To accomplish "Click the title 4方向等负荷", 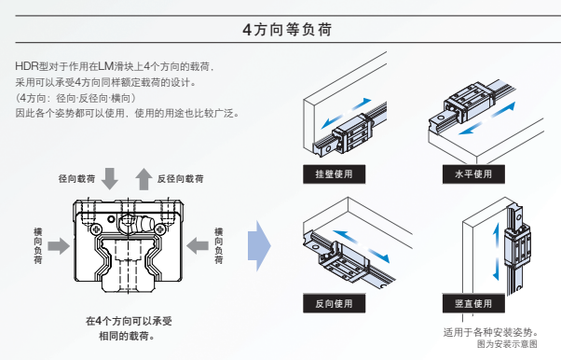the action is coord(287,29).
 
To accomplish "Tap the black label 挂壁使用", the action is coord(335,174).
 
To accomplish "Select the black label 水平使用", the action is coord(473,174).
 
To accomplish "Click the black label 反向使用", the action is coord(335,303).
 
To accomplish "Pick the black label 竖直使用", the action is coord(473,303).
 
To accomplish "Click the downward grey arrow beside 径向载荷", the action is coord(109,178).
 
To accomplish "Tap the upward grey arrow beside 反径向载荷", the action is coord(144,178).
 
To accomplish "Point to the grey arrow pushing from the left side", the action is coord(59,246).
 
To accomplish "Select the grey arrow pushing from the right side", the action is coord(198,246).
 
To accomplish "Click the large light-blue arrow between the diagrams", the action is coord(259,245).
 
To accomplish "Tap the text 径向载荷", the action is coord(77,178).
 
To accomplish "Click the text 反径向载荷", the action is coord(181,178).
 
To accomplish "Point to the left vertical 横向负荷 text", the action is coord(38,245).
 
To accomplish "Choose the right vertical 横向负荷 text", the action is coord(219,245).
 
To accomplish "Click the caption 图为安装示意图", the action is coord(507,344).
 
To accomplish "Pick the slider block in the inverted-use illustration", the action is coord(344,264).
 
